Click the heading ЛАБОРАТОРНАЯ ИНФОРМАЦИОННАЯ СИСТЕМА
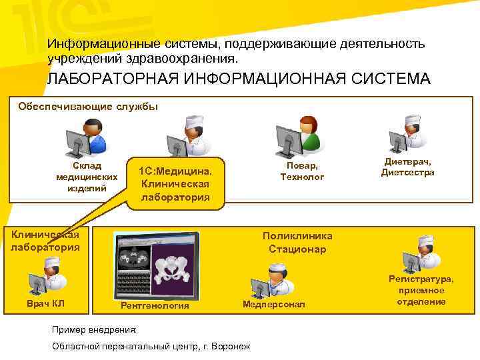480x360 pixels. click(238, 79)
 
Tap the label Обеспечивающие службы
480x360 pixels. click(88, 106)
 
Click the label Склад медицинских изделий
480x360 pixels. click(87, 177)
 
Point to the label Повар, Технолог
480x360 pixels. click(302, 171)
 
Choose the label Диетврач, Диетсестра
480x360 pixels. click(407, 167)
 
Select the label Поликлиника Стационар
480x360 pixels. click(297, 243)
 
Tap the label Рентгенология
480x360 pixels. click(155, 306)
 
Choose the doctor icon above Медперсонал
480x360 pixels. click(271, 279)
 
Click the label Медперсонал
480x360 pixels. click(273, 305)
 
